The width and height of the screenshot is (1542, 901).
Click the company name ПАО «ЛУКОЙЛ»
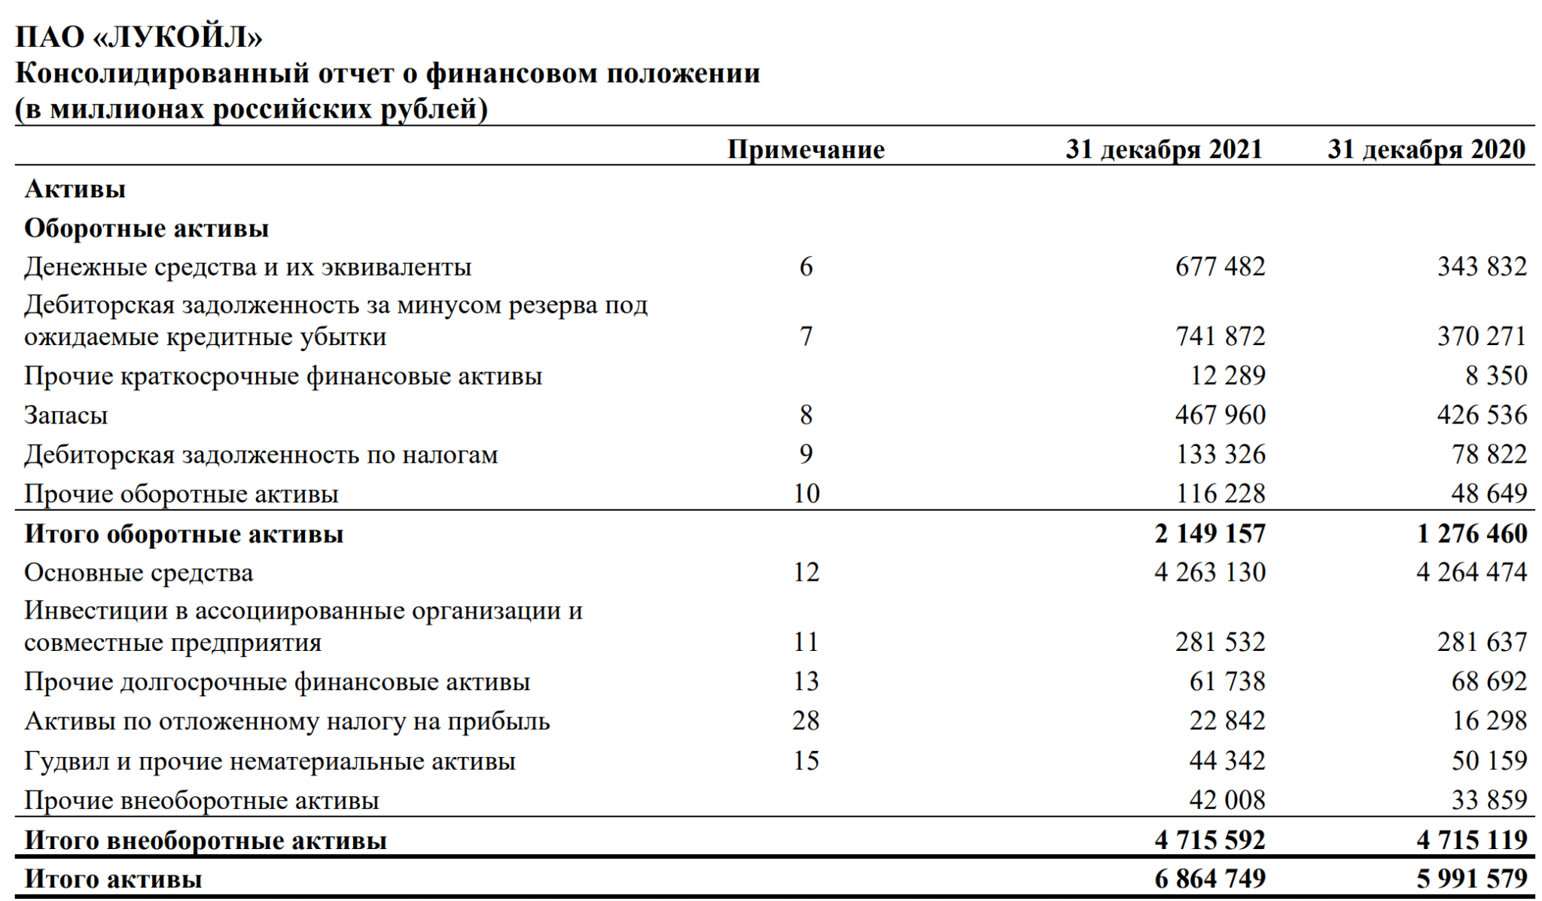coord(139,36)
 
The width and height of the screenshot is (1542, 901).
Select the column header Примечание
coord(806,149)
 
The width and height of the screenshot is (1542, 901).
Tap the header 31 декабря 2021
coord(1163,149)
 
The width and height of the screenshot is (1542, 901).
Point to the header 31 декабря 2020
coord(1426,149)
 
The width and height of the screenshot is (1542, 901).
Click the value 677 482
coord(1220,267)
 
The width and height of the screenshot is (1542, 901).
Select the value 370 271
coord(1481,336)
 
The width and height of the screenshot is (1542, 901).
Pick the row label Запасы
coord(66,415)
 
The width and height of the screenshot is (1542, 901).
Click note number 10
coord(806,493)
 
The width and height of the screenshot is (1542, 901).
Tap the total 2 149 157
coord(1210,533)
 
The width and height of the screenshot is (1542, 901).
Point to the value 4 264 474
coord(1471,572)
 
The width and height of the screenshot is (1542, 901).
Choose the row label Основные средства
coord(139,573)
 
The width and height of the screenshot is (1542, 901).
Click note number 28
coord(806,721)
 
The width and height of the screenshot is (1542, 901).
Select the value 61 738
coord(1227,682)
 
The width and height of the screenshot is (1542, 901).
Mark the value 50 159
coord(1489,761)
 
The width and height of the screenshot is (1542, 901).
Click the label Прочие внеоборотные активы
coord(202,800)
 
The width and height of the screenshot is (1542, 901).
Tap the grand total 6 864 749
coord(1210,878)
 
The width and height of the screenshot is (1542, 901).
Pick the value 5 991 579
coord(1471,878)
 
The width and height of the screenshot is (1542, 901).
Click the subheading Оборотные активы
coord(147,228)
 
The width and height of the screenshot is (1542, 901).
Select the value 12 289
coord(1228,375)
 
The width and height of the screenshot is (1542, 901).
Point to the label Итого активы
coord(114,878)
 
